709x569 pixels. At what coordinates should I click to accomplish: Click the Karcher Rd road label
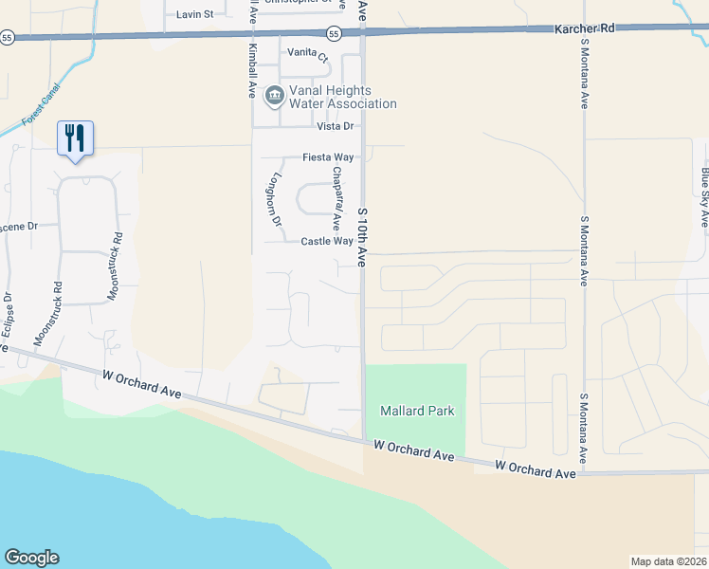click(x=584, y=29)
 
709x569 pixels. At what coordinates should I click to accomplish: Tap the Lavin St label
click(x=195, y=14)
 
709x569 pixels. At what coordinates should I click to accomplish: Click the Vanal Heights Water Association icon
click(x=274, y=94)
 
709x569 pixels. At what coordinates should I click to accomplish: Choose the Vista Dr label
click(x=335, y=126)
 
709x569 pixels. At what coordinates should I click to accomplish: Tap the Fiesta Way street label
click(x=328, y=157)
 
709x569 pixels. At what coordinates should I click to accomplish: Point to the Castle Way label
click(x=327, y=242)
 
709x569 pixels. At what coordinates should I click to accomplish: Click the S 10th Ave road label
click(x=361, y=237)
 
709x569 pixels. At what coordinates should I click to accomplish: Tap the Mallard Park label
click(x=417, y=411)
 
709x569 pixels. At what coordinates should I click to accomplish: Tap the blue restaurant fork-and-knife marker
click(x=75, y=139)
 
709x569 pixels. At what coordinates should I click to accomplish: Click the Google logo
click(x=31, y=558)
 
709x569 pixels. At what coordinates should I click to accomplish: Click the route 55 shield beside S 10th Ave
click(x=334, y=34)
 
